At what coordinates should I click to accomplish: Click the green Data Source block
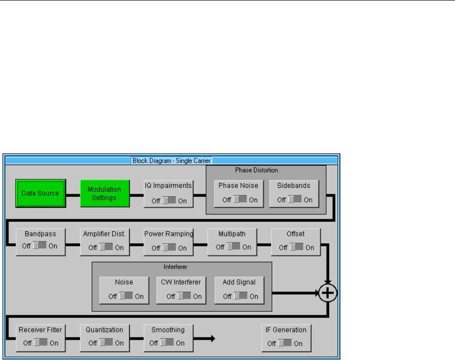(40, 193)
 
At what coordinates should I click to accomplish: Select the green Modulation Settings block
(104, 193)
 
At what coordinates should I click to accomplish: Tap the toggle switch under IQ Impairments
(169, 201)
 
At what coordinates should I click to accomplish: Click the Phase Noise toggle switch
(240, 200)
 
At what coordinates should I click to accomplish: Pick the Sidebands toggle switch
(295, 200)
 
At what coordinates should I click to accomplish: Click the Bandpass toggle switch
(40, 246)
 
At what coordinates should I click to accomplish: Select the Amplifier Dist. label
(104, 234)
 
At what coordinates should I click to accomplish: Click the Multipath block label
(232, 234)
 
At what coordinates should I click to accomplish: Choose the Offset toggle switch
(296, 247)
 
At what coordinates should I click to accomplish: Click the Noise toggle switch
(126, 296)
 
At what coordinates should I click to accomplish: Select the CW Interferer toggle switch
(184, 296)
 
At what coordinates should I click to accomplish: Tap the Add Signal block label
(239, 282)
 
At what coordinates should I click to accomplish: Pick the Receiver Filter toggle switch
(40, 343)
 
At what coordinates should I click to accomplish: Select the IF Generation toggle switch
(285, 343)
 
